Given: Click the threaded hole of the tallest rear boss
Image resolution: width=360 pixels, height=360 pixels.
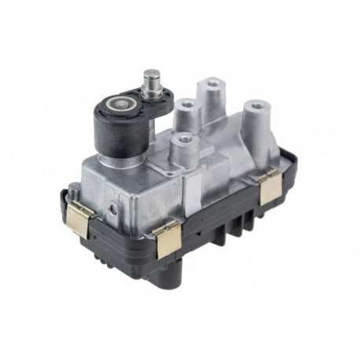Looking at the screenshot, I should (x=211, y=83).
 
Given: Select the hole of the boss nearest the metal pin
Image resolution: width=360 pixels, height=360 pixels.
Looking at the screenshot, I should (x=186, y=103).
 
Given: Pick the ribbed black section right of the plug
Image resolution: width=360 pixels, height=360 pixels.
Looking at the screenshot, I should (x=236, y=235).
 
